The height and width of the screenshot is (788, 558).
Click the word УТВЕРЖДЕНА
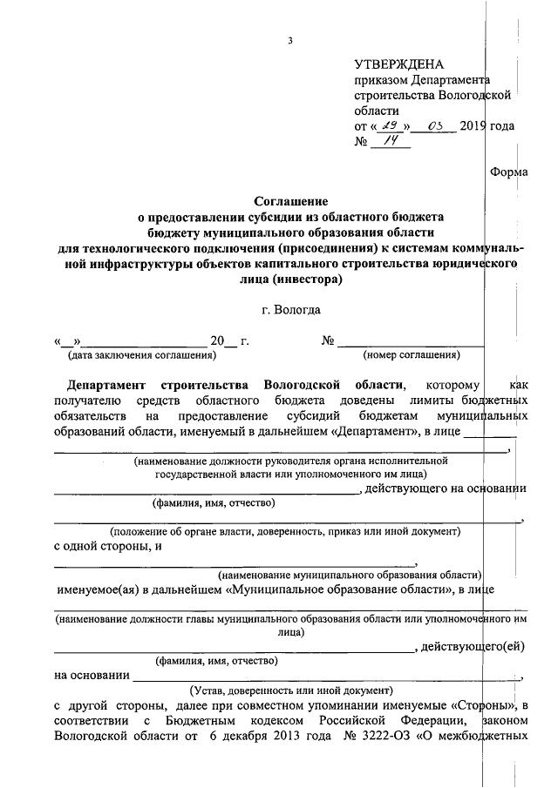point(398,64)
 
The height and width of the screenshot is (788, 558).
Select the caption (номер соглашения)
point(412,355)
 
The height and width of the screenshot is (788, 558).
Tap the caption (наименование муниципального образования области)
point(350,576)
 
